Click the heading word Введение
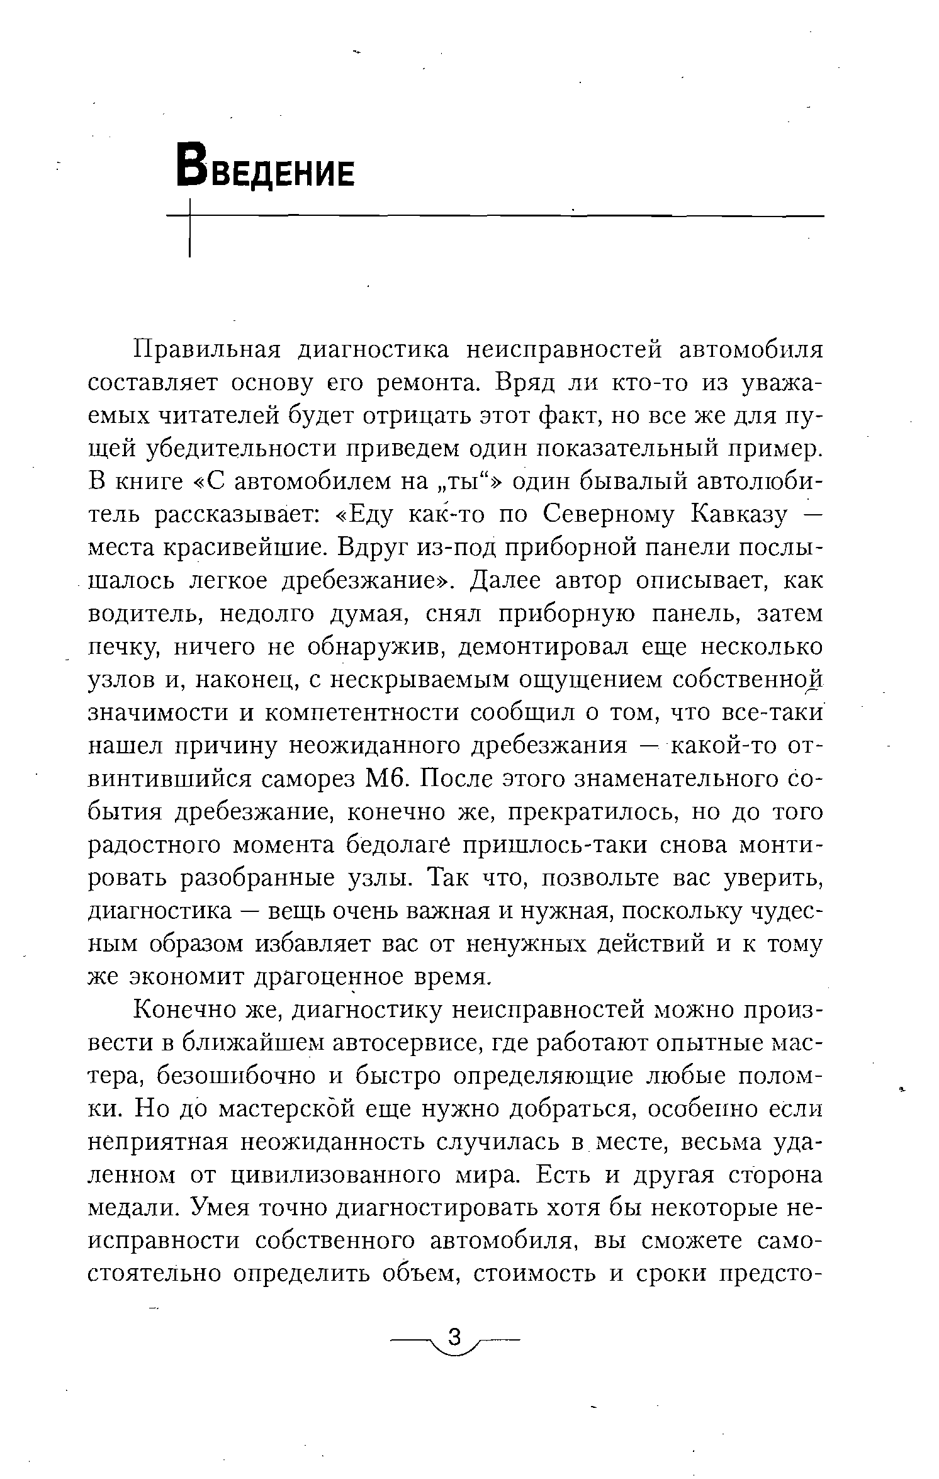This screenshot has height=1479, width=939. coord(266,165)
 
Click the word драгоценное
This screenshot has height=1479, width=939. coord(327,977)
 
